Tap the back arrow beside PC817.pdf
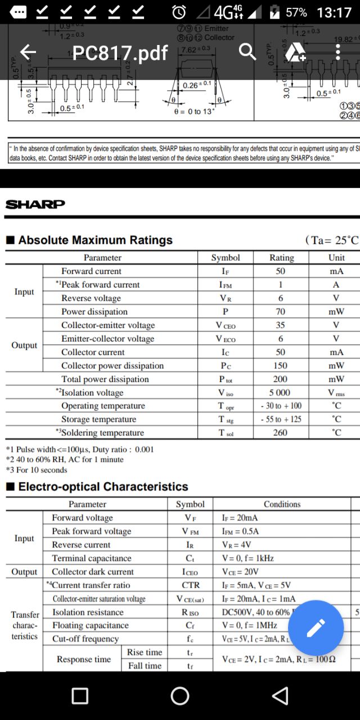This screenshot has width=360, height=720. [x=28, y=52]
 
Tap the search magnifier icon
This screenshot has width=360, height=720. [x=247, y=52]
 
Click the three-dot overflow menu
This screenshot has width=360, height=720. [x=337, y=52]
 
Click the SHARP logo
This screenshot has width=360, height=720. [x=35, y=204]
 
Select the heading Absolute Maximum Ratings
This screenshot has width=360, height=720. [x=95, y=240]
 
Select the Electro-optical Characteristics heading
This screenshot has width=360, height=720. [x=103, y=487]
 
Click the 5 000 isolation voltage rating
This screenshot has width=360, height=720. [x=280, y=393]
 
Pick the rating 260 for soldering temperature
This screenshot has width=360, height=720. [x=280, y=433]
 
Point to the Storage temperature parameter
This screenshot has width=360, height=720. [x=98, y=419]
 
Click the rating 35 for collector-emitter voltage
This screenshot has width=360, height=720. [x=280, y=325]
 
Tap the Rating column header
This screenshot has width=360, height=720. [x=281, y=258]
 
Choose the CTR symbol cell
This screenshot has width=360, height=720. [x=191, y=585]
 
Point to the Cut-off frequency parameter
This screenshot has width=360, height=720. [x=85, y=639]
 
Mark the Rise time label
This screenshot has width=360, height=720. [x=145, y=652]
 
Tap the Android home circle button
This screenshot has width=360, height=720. [x=180, y=696]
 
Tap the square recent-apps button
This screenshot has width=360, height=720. [x=80, y=696]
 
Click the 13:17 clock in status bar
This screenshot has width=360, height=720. [x=334, y=12]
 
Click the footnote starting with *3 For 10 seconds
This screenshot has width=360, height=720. [x=37, y=470]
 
